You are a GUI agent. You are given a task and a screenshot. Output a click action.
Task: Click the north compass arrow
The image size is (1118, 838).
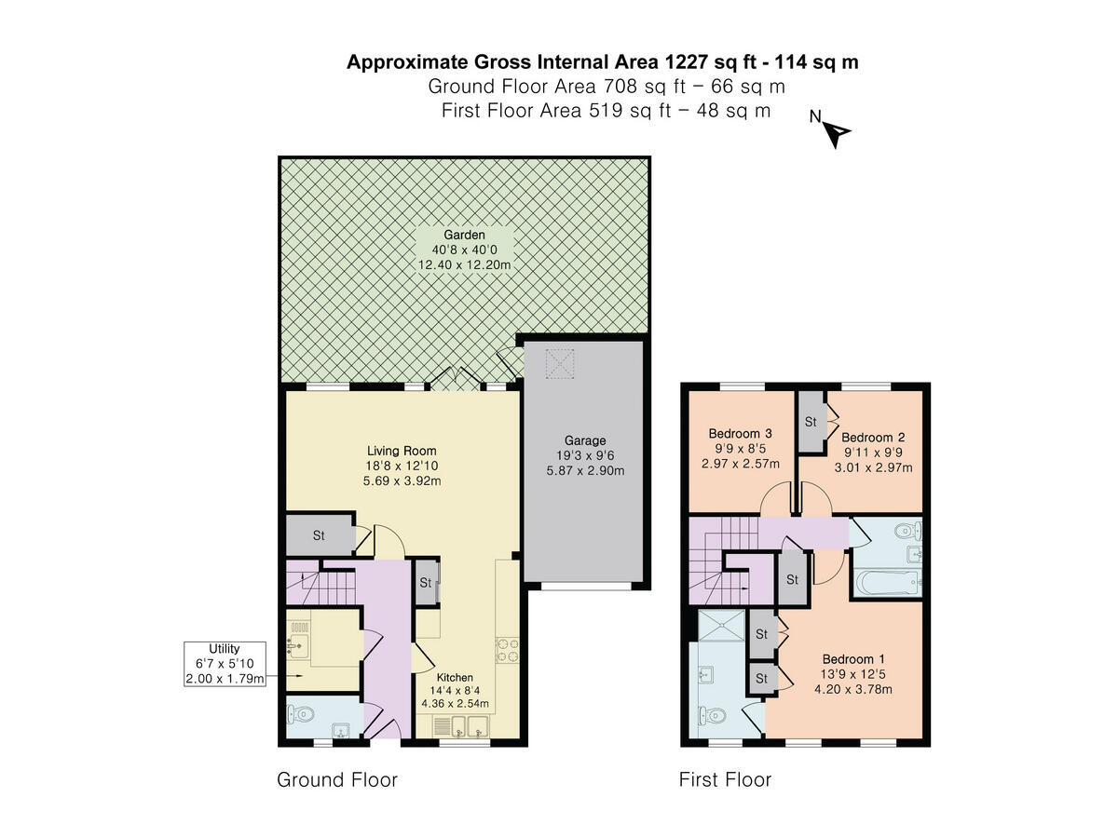click(837, 135)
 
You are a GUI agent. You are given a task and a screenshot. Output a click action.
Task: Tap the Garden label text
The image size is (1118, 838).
click(464, 236)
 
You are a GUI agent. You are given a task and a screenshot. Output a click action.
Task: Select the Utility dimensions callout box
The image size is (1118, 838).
click(225, 664)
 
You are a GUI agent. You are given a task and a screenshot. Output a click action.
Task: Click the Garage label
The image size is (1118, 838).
click(585, 440)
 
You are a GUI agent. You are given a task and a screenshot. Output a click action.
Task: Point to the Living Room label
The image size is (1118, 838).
click(402, 451)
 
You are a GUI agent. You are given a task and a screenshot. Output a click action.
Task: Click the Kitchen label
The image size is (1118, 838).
click(456, 677)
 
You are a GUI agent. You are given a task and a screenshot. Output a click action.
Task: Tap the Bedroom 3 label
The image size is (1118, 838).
click(741, 433)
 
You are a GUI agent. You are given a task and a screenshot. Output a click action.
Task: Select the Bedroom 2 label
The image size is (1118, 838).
click(873, 437)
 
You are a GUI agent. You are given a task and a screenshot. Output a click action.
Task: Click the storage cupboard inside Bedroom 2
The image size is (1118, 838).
click(810, 422)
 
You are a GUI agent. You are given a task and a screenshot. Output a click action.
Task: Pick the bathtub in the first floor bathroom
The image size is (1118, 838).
click(886, 584)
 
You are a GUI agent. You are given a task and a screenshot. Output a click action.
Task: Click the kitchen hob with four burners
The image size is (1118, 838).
click(507, 649)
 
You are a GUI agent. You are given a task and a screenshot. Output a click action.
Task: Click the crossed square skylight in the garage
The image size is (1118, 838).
click(560, 364)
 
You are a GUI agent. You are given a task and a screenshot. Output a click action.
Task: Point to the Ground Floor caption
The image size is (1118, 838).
click(337, 779)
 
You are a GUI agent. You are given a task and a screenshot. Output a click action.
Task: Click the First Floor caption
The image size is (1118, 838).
click(725, 779)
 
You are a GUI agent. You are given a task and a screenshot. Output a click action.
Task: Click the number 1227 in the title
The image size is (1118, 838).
click(688, 62)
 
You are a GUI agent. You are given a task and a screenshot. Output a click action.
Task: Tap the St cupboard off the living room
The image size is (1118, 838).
click(319, 535)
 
